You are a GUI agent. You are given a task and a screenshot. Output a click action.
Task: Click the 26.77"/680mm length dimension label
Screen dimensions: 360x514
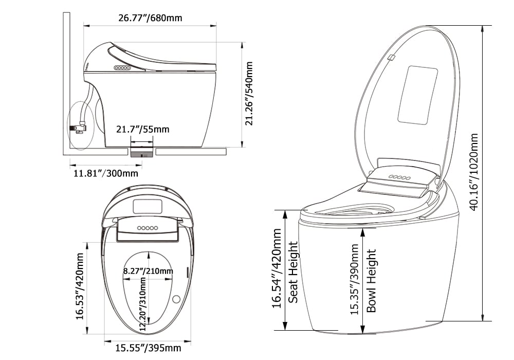click(150, 18)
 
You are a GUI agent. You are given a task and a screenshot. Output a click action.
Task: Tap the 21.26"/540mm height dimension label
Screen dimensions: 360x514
click(249, 94)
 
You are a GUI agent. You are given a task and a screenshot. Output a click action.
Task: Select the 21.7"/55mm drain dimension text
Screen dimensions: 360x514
click(142, 129)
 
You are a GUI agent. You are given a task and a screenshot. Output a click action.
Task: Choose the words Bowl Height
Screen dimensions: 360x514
click(372, 281)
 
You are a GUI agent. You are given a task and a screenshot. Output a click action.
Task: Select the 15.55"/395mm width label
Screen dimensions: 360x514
click(148, 349)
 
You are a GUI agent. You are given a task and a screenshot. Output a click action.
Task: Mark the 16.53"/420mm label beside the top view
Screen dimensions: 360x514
click(80, 286)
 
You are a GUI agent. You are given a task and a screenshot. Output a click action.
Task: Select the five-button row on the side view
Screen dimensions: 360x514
click(123, 67)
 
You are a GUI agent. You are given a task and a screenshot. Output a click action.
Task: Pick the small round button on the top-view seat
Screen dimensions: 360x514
click(176, 299)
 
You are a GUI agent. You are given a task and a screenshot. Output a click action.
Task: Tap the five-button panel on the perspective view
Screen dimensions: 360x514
click(399, 176)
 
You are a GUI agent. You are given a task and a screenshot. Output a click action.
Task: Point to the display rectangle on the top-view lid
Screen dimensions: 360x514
click(148, 207)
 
